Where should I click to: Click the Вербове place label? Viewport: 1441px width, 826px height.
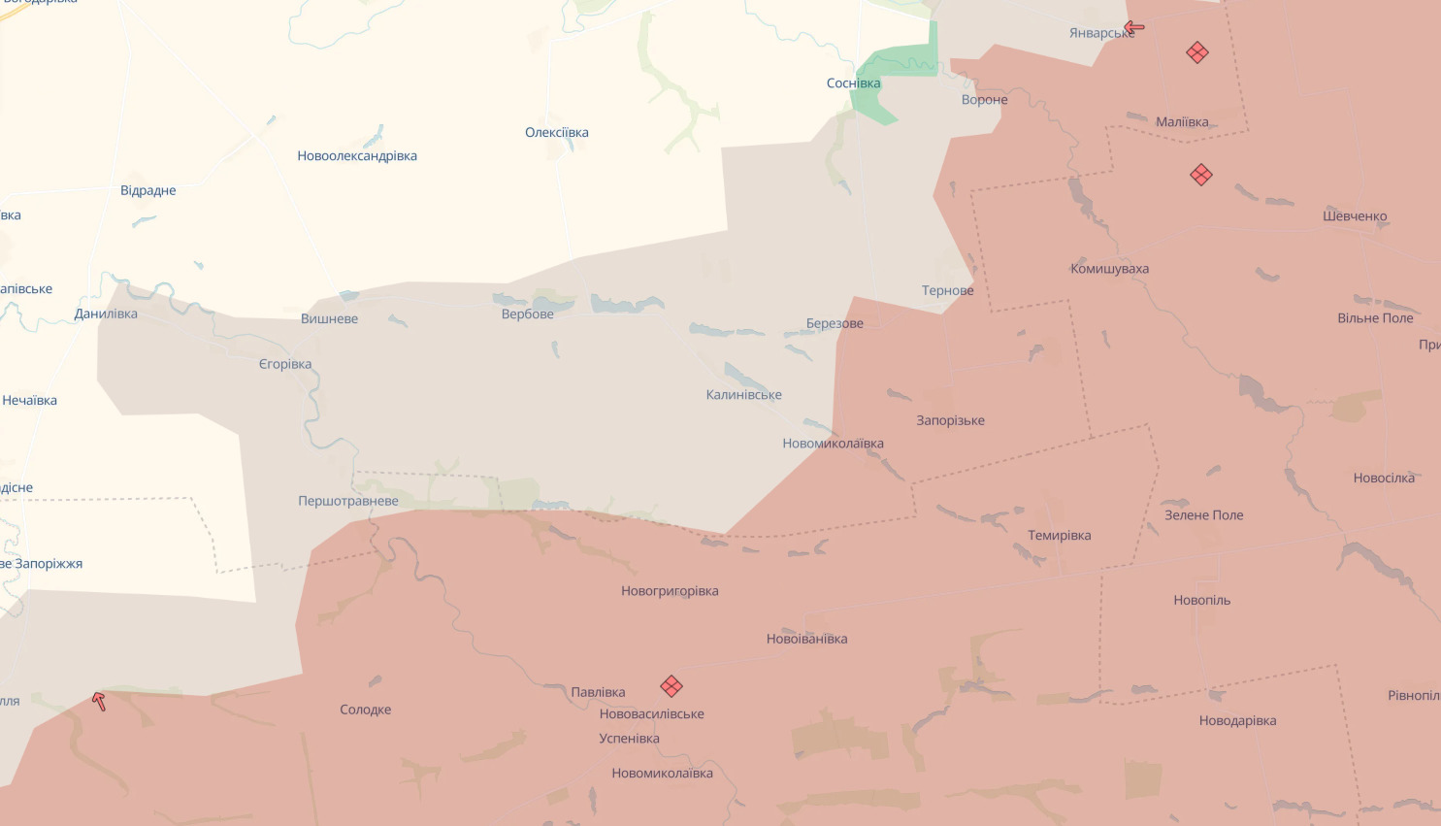528,314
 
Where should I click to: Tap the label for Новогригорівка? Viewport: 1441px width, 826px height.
670,591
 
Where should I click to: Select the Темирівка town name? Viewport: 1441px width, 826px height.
1059,536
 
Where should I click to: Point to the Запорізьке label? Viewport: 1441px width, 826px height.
950,421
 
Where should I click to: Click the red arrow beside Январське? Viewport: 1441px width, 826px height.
1134,27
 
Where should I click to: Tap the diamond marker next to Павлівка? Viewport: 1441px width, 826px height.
671,686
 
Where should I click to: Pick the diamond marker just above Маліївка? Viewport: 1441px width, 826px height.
1197,52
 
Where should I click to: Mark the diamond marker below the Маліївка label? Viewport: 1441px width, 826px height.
1201,175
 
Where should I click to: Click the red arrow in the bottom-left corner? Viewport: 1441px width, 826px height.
99,701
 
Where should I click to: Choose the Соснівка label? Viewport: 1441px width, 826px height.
853,83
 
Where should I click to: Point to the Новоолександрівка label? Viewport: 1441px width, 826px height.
357,156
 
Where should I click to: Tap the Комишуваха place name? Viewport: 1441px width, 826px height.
1109,269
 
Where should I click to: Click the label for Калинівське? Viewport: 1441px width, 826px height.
743,395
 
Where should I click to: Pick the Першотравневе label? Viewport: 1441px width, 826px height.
348,502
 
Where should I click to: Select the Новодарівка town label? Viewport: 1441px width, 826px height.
1237,721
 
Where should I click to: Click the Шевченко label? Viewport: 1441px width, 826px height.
1355,216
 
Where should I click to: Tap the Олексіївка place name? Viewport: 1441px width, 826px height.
557,133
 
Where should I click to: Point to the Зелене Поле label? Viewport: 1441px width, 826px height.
1203,515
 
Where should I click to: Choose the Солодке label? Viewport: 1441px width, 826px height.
365,710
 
